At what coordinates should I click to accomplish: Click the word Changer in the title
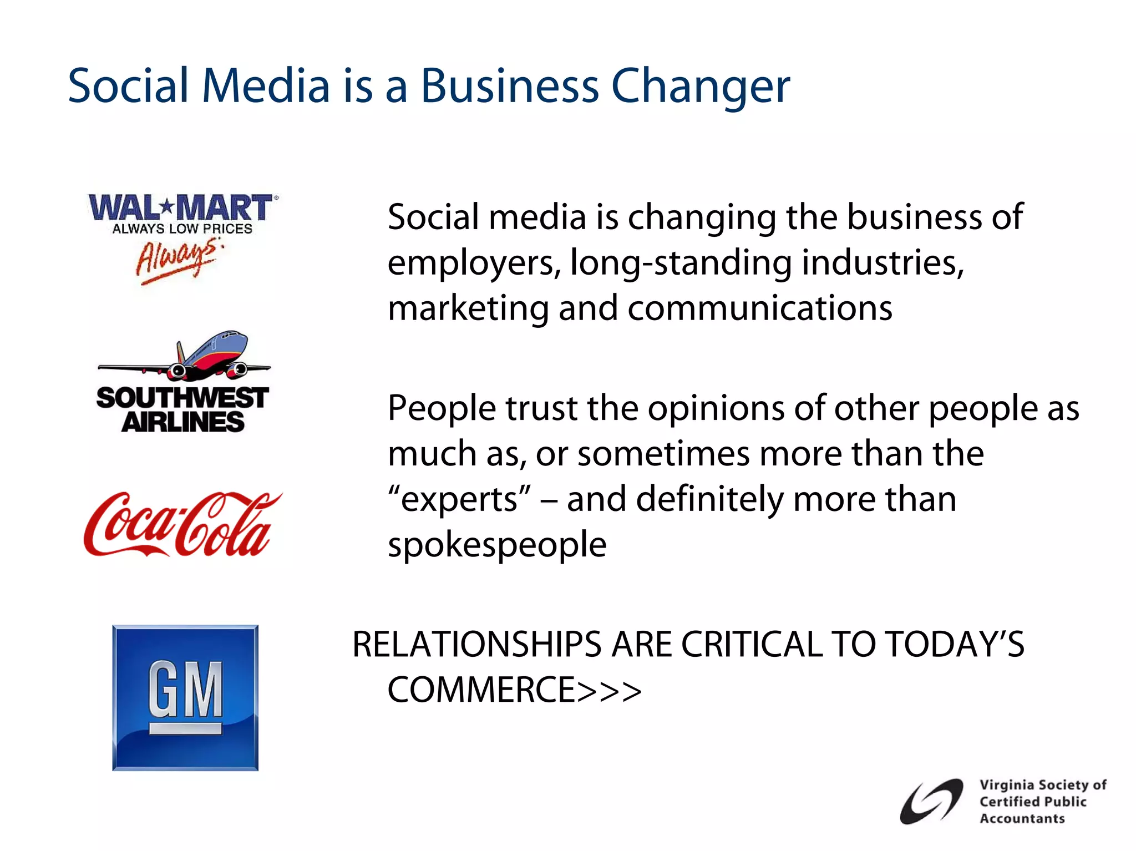tap(700, 87)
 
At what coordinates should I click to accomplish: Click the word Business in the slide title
tap(509, 87)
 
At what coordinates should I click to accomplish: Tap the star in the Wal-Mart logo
tap(167, 207)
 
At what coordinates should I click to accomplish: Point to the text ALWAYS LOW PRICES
tap(182, 229)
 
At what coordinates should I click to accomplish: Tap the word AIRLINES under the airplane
tap(183, 423)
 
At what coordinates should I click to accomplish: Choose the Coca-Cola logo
tap(182, 525)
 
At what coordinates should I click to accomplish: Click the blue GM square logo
tap(185, 697)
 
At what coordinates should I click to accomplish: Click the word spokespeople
tap(497, 545)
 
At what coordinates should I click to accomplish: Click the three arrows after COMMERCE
tap(609, 691)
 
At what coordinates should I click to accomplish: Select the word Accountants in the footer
tap(1022, 818)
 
